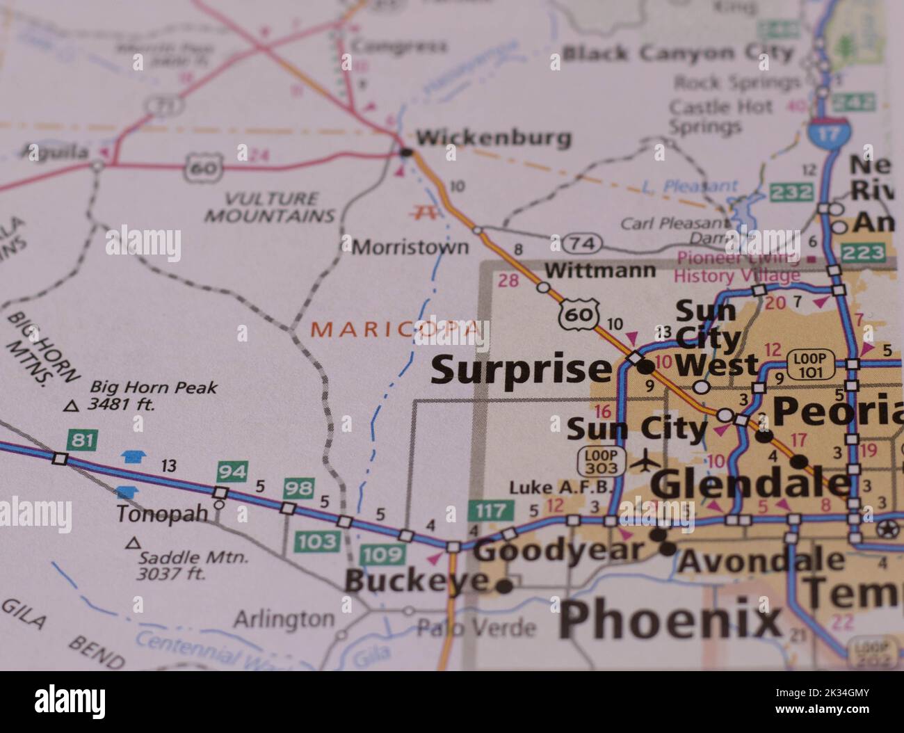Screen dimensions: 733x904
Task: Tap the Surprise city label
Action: [x=520, y=370]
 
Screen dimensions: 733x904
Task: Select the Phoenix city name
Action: [x=670, y=620]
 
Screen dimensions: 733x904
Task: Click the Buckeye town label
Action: [x=416, y=581]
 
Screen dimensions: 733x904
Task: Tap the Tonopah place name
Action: [x=162, y=514]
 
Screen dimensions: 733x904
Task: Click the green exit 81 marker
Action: [x=82, y=440]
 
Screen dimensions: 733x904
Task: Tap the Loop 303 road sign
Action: [x=597, y=460]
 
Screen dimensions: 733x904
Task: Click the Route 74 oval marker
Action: [x=581, y=243]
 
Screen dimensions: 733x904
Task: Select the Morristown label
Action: [x=410, y=247]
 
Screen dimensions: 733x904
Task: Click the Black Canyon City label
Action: [x=677, y=53]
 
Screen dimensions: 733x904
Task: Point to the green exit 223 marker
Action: [x=862, y=252]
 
